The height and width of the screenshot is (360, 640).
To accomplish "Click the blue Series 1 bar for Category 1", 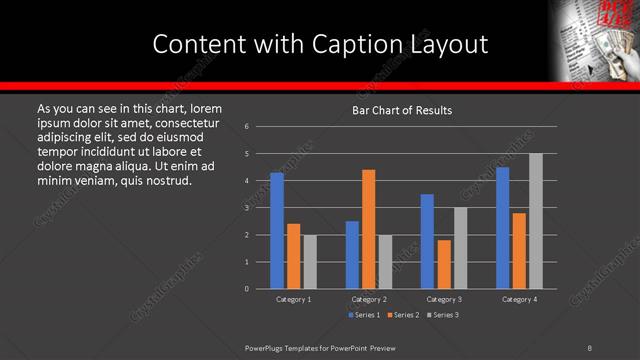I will pyautogui.click(x=277, y=230).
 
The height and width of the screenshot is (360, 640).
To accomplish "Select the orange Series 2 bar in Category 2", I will pyautogui.click(x=368, y=229).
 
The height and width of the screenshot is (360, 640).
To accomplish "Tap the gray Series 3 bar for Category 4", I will pyautogui.click(x=535, y=221).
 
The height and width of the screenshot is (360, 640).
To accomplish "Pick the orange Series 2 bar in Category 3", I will pyautogui.click(x=444, y=264).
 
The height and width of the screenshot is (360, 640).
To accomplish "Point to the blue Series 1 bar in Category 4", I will pyautogui.click(x=502, y=228).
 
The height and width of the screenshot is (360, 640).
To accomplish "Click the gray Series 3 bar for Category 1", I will pyautogui.click(x=310, y=262).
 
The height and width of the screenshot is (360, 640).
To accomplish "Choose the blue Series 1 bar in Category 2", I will pyautogui.click(x=352, y=255).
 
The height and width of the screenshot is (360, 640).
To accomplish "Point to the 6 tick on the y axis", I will pyautogui.click(x=247, y=126).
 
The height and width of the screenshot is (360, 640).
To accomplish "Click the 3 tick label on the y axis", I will pyautogui.click(x=247, y=208).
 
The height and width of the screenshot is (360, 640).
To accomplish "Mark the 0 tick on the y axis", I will pyautogui.click(x=247, y=289).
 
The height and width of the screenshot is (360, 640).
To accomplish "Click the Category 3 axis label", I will pyautogui.click(x=444, y=299).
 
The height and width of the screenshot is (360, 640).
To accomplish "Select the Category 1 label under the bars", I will pyautogui.click(x=293, y=299).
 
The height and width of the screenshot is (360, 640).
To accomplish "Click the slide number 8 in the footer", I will pyautogui.click(x=589, y=347).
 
